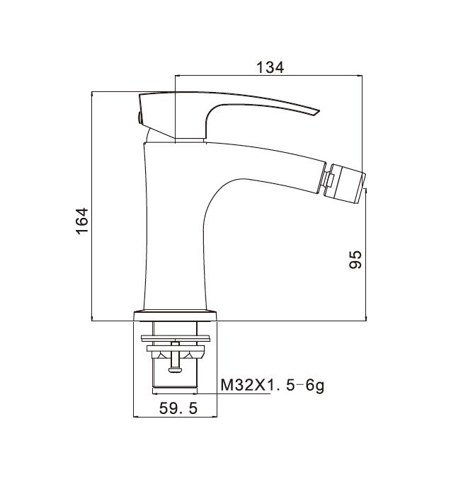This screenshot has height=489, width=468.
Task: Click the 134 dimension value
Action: (x=270, y=67)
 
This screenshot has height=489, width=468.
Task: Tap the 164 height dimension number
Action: (x=82, y=221)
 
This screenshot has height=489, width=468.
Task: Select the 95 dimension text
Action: (x=355, y=259)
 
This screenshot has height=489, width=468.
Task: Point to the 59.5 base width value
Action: (x=178, y=408)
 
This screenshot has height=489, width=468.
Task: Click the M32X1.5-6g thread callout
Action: (x=273, y=386)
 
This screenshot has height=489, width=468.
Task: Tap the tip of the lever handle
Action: (x=319, y=110)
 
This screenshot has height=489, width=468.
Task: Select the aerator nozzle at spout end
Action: (x=345, y=181)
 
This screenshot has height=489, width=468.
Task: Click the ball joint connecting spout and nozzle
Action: (x=329, y=180)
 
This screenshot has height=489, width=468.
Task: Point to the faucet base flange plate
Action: (x=175, y=316)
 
